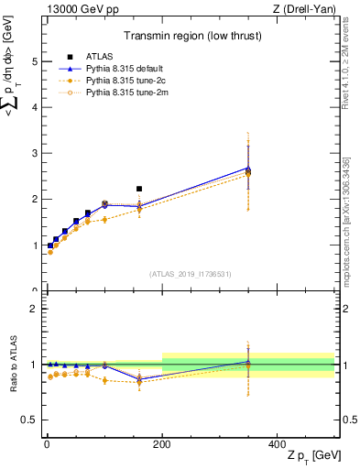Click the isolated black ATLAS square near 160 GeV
click(139, 189)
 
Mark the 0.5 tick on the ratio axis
click(29, 420)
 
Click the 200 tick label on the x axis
click(162, 444)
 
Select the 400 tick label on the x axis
click(278, 444)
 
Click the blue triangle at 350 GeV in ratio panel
click(248, 362)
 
